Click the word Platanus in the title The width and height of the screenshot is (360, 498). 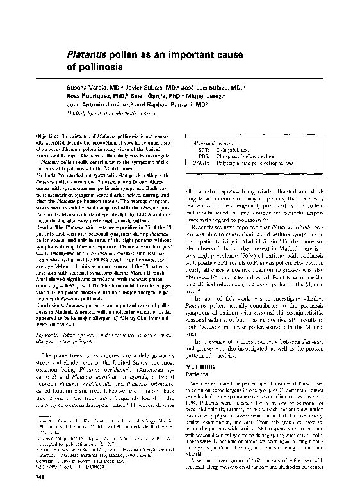87,56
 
